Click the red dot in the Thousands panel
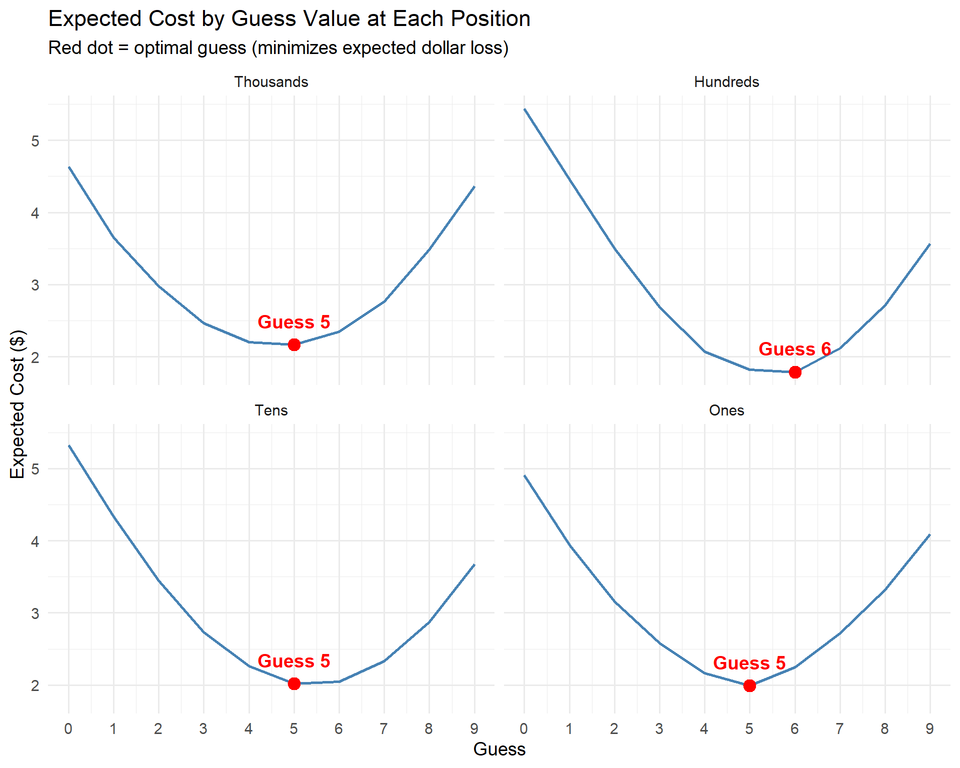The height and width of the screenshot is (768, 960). point(294,344)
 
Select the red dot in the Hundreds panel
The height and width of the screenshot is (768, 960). point(795,372)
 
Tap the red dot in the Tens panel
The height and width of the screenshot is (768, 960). point(294,683)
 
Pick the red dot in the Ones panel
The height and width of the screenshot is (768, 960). point(749,685)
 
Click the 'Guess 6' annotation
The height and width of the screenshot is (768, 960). point(794,349)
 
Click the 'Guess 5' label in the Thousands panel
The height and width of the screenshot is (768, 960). point(293,322)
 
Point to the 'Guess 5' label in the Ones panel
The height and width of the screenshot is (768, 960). point(749,663)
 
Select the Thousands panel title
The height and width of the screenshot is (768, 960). point(271,82)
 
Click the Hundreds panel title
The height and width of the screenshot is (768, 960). point(726,82)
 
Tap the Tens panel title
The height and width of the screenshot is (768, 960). point(271,410)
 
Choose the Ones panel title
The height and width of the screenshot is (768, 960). point(726,410)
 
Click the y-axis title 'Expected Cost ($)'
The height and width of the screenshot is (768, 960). point(17,404)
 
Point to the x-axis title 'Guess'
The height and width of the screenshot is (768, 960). point(499,749)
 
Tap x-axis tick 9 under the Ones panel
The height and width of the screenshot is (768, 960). point(929,729)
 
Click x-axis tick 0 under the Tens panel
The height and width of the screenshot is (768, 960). point(68,729)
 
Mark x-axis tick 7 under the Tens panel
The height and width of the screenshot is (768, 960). point(383,729)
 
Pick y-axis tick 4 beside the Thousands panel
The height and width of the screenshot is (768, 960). point(35,213)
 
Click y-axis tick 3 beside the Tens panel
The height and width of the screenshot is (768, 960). point(35,613)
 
